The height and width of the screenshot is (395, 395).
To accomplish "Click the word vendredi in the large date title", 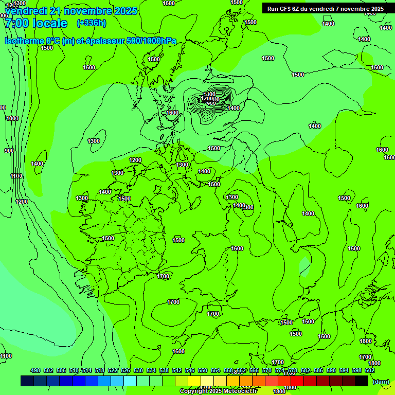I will tap(26, 11).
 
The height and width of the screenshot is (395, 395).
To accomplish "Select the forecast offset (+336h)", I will tap(91, 23).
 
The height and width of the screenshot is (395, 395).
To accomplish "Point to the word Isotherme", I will tap(24, 41).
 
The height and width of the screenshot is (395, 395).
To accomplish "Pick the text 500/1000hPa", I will tap(154, 41).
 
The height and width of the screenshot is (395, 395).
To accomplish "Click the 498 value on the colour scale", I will tap(35, 370).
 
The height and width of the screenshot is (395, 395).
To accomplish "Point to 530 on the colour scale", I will tap(138, 370).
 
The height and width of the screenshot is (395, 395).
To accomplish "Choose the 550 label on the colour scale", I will tap(203, 370).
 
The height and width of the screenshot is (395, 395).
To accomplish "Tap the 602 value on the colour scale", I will tap(370, 370).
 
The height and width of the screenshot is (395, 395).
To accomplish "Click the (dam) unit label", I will tap(381, 381).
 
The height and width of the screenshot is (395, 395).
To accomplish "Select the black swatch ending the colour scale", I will tap(362, 381).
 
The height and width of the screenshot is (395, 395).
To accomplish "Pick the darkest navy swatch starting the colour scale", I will tap(27, 381).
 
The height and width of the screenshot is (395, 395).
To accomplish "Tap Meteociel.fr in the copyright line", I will tap(241, 391).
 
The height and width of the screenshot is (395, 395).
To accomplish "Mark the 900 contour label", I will tap(9, 151).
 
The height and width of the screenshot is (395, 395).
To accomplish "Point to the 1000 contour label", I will tap(12, 118).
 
